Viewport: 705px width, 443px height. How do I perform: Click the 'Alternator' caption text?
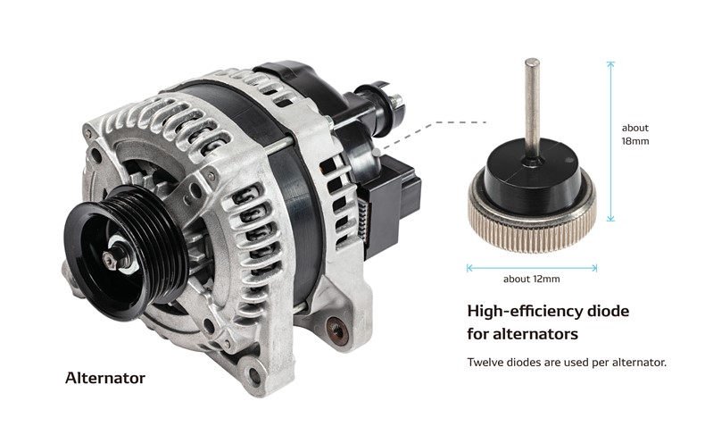click(x=104, y=378)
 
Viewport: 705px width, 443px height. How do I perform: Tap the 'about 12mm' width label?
click(x=532, y=279)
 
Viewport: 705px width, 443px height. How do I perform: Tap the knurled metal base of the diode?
click(x=532, y=215)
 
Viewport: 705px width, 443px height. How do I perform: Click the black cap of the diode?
click(x=531, y=179)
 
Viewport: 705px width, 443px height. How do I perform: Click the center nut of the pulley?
click(x=113, y=260)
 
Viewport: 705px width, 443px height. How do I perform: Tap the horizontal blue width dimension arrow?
click(x=532, y=266)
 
